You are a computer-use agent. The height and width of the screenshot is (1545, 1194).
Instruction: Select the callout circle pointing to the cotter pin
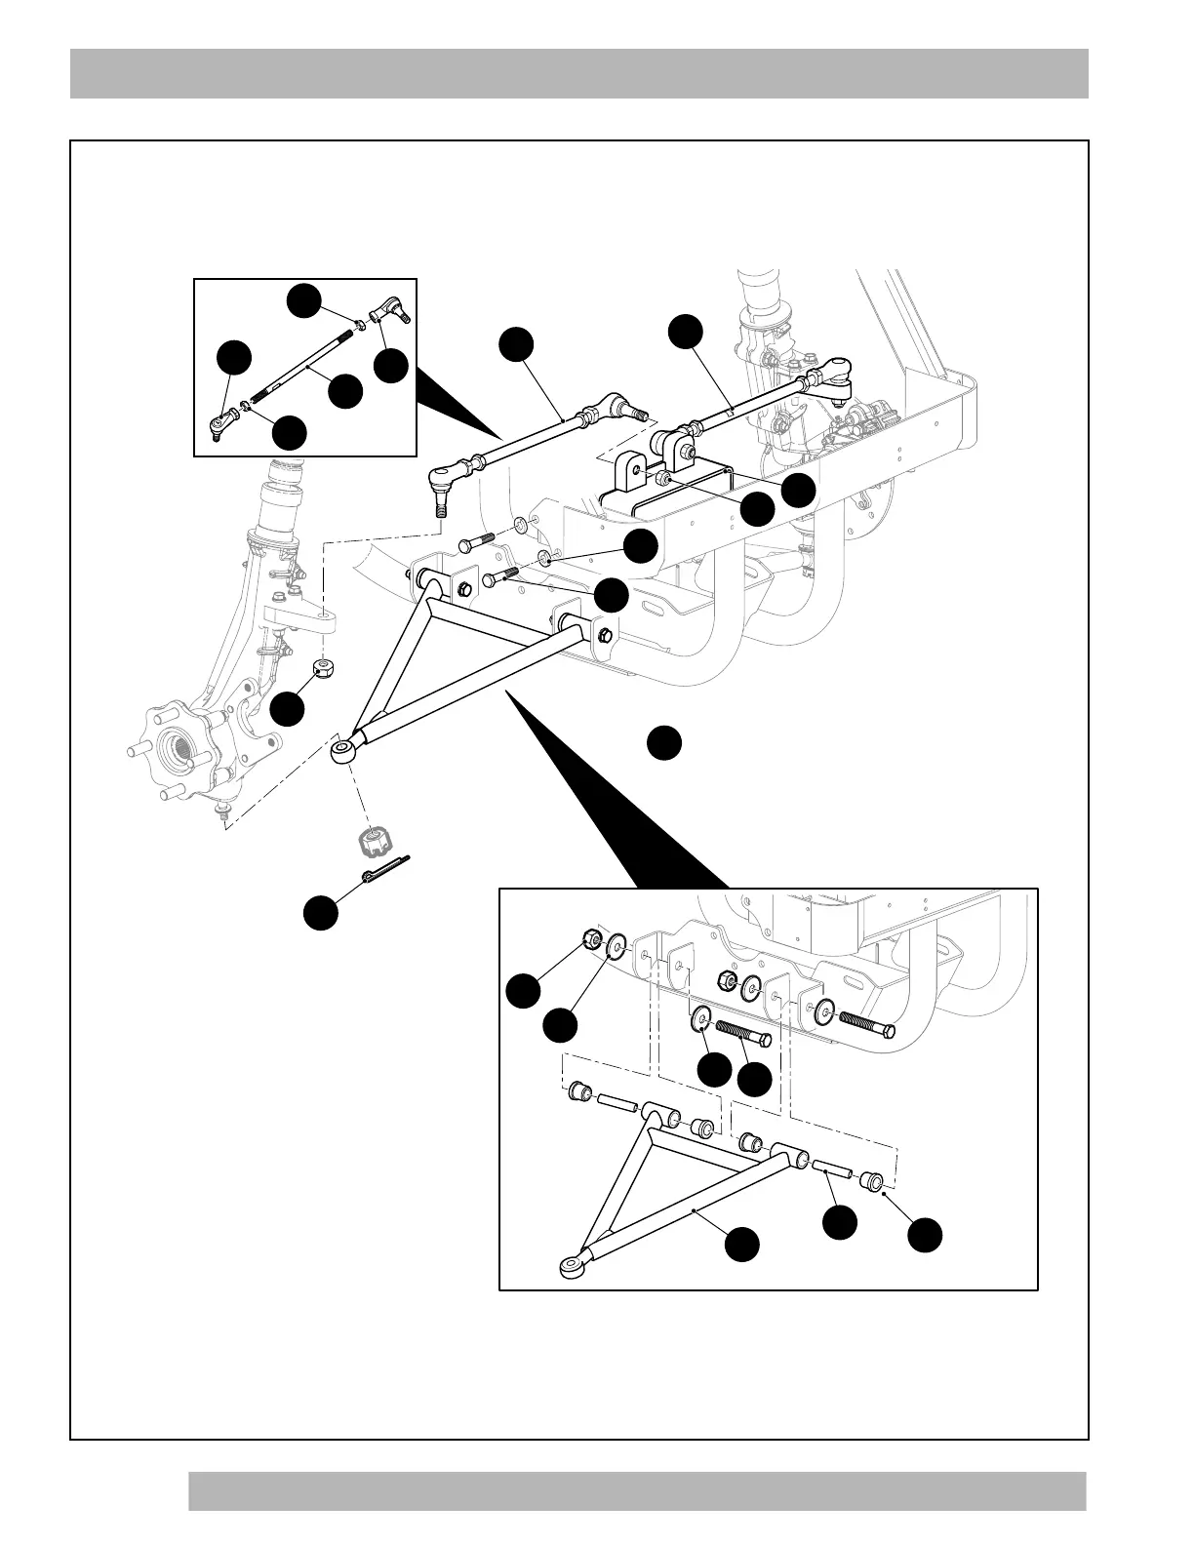[x=321, y=913]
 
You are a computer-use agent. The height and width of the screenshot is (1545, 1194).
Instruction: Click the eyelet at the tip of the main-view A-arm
[x=342, y=751]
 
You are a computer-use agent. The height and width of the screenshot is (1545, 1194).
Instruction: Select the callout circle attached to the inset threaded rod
[x=345, y=391]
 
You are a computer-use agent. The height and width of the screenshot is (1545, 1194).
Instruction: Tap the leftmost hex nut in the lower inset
[x=590, y=938]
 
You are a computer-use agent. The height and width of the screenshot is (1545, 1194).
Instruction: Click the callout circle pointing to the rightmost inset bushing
[x=925, y=1235]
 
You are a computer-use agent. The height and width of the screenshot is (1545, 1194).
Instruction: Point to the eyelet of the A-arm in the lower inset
[x=570, y=1266]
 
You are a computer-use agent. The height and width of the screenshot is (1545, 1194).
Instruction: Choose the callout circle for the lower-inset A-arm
[x=742, y=1245]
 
